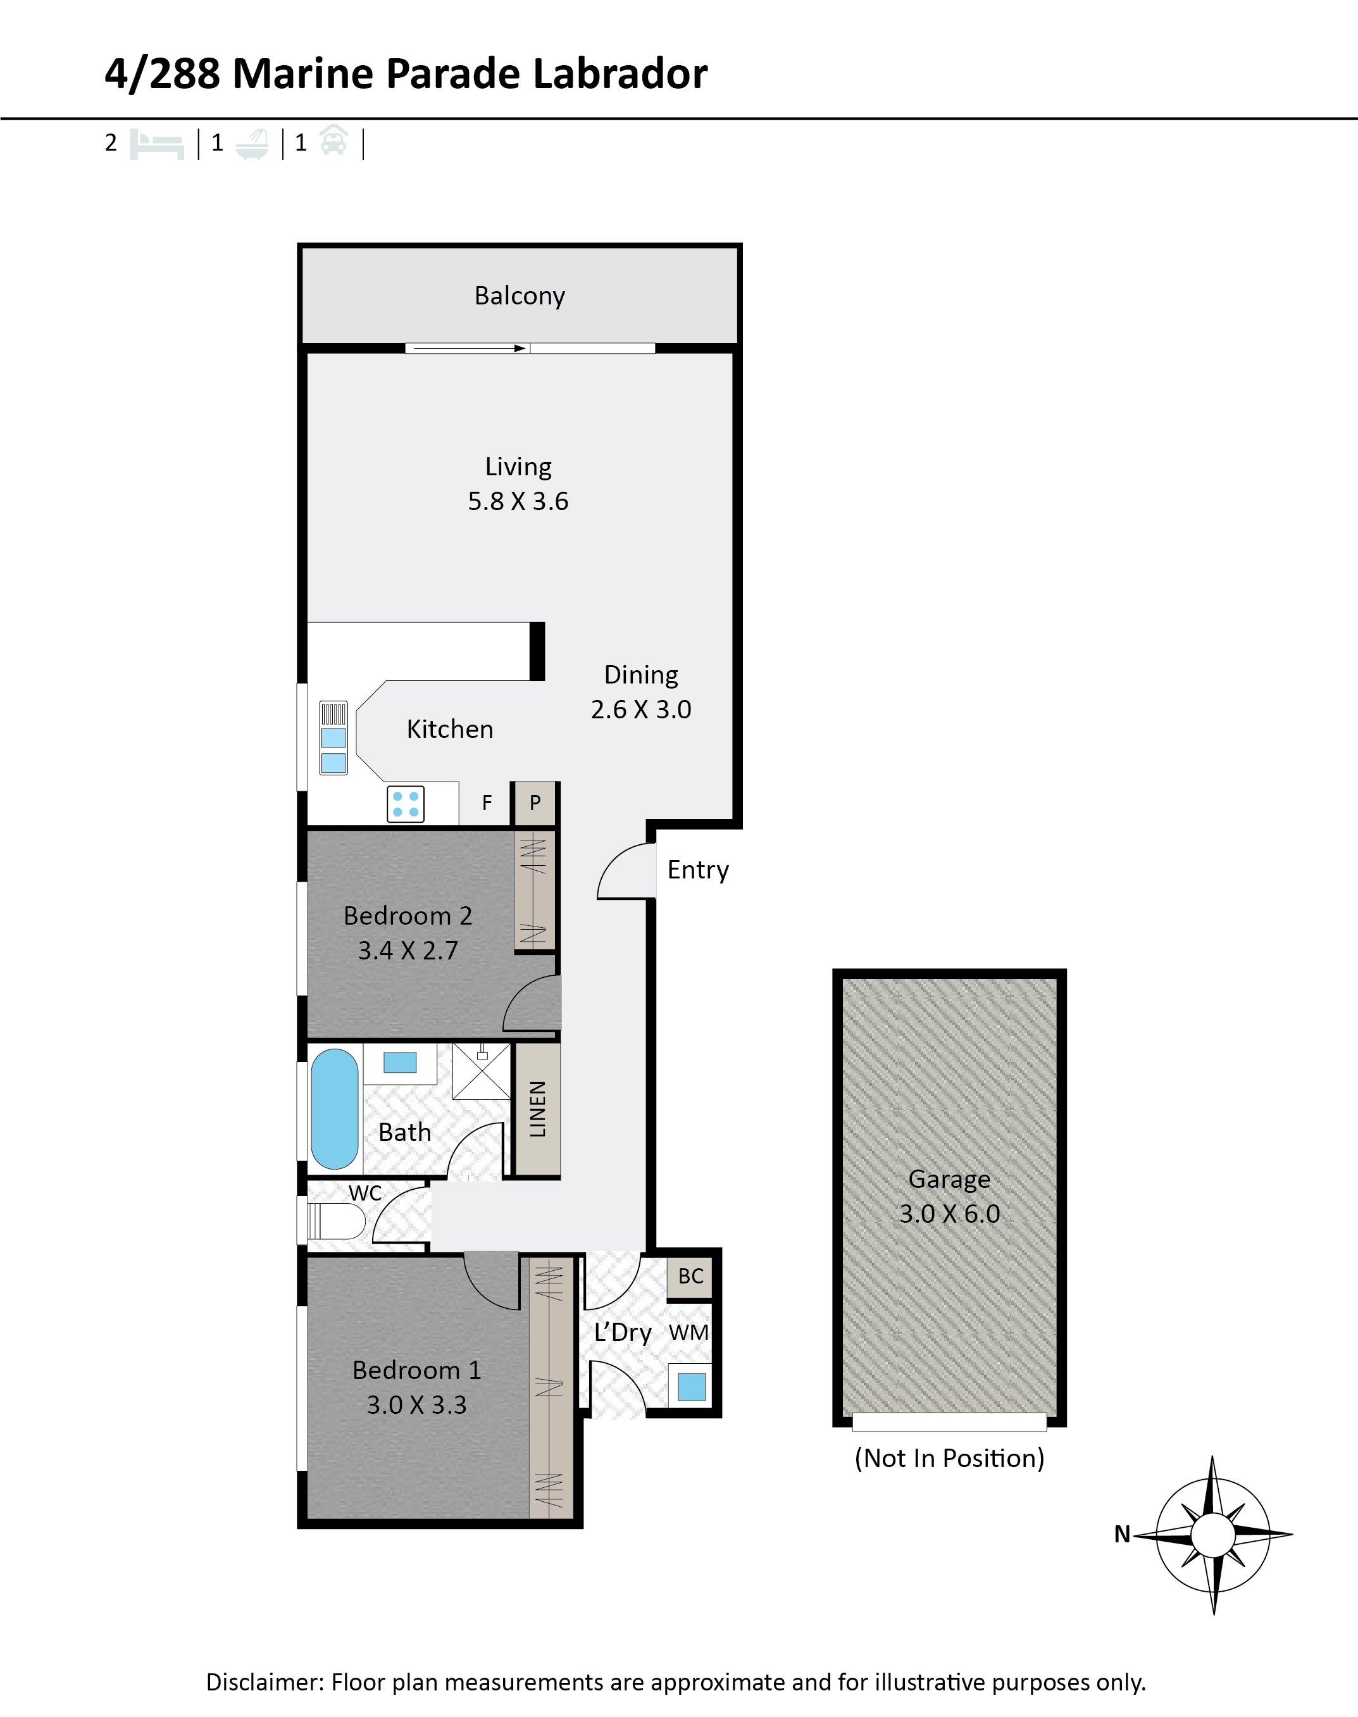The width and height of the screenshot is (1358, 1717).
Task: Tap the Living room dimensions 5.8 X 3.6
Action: pyautogui.click(x=518, y=501)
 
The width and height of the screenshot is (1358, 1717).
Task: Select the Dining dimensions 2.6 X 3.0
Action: pyautogui.click(x=641, y=709)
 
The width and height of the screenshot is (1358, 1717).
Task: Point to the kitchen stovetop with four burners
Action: pyautogui.click(x=406, y=803)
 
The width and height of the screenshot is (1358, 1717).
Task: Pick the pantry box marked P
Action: pyautogui.click(x=535, y=803)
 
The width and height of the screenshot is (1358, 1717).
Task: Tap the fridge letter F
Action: pyautogui.click(x=487, y=803)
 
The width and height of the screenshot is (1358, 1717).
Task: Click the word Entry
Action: pyautogui.click(x=698, y=870)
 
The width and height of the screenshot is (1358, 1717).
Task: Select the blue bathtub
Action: pyautogui.click(x=335, y=1109)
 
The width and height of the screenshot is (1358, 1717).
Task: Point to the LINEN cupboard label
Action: pyautogui.click(x=537, y=1109)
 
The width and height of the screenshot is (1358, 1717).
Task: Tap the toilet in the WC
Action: pyautogui.click(x=335, y=1221)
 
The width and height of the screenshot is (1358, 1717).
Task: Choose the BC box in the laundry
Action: pyautogui.click(x=690, y=1277)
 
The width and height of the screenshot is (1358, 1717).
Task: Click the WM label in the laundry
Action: pyautogui.click(x=688, y=1332)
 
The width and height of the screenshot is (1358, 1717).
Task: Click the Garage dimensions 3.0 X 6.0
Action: pyautogui.click(x=949, y=1214)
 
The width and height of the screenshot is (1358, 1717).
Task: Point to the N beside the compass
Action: pyautogui.click(x=1122, y=1534)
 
